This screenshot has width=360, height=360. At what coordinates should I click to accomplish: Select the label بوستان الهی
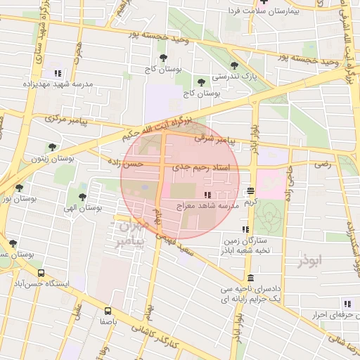tap(82, 209)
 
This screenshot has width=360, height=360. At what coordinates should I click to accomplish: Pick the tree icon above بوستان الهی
tap(83, 198)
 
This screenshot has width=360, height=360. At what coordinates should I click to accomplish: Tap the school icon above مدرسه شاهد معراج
tap(207, 195)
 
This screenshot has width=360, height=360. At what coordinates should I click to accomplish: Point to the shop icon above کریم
tap(251, 191)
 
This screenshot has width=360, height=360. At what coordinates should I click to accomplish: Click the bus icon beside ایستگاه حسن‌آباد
tap(41, 273)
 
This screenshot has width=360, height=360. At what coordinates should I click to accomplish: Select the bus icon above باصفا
tap(108, 310)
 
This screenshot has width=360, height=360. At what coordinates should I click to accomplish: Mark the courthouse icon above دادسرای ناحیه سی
tap(250, 277)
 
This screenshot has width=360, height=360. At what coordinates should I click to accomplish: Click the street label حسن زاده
tap(124, 162)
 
